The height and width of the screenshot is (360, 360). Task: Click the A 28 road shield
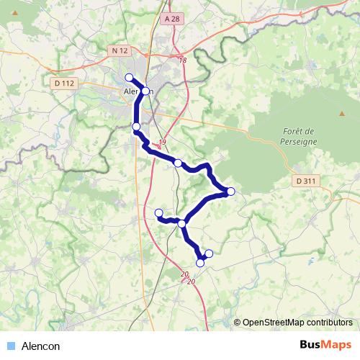tap(171, 19)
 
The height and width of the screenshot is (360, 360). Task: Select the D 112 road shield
tap(64, 84)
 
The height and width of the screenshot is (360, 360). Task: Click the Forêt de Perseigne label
tap(297, 137)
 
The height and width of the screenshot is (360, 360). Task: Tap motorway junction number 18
tap(182, 60)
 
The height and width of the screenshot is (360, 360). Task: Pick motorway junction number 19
tap(163, 142)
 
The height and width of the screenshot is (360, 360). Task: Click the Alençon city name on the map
tap(135, 92)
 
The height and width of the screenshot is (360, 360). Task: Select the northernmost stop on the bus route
tap(129, 78)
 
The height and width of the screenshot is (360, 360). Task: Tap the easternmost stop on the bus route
tap(231, 191)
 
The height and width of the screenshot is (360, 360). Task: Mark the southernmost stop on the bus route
tap(200, 263)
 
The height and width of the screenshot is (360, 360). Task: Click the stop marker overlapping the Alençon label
tap(145, 91)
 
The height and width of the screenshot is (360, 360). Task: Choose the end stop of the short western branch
tap(159, 212)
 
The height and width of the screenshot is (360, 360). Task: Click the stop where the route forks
tap(182, 224)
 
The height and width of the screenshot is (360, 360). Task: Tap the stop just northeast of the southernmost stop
tap(210, 253)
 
